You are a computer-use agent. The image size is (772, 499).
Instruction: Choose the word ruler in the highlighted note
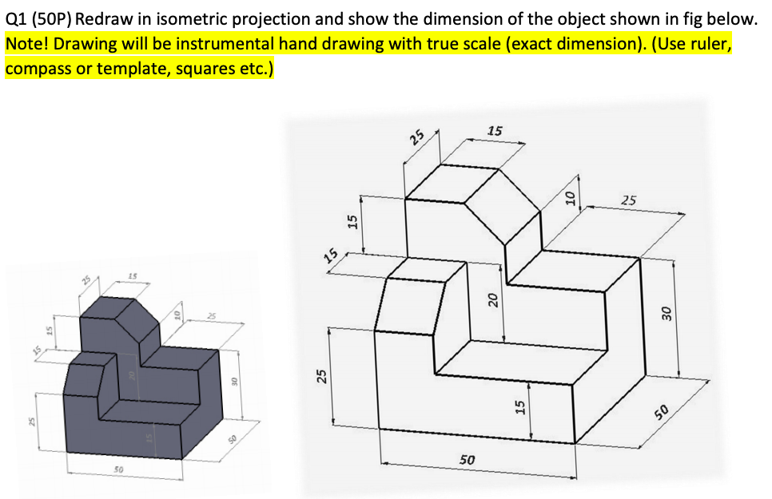pos(710,43)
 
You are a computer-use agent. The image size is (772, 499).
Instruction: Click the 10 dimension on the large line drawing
pos(568,195)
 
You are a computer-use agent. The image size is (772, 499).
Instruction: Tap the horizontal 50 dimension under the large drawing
pos(468,461)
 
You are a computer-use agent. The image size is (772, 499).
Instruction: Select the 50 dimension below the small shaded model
pos(117,471)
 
